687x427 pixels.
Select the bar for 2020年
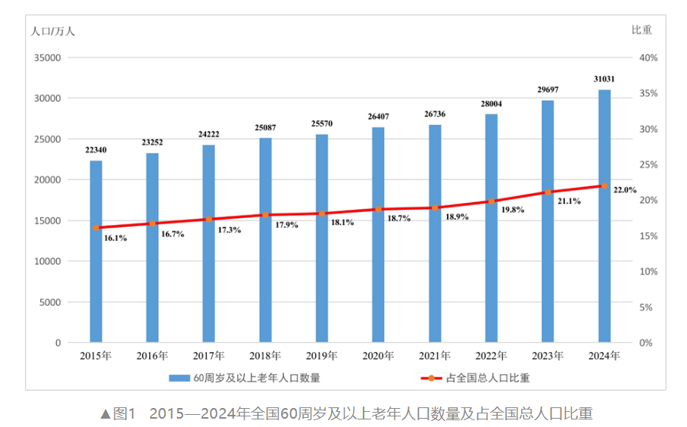(378, 235)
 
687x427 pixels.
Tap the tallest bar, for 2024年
(604, 216)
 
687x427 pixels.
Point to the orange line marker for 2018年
(265, 215)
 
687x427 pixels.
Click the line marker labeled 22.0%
(604, 185)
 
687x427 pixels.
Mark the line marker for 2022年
(491, 201)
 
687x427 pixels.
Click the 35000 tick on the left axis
(47, 58)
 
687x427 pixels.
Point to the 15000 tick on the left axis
(47, 220)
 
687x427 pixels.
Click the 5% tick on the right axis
(645, 307)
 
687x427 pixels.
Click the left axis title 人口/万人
(53, 31)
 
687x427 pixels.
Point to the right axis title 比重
(642, 30)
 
